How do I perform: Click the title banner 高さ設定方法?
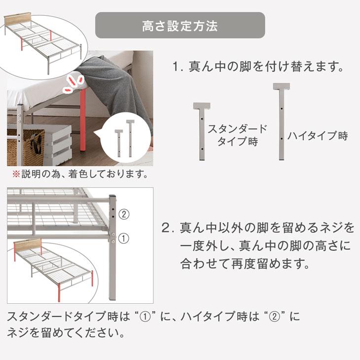(x=180, y=26)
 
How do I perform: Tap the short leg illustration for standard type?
(x=202, y=131)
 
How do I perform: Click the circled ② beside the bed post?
(x=124, y=214)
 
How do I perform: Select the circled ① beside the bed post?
(x=124, y=238)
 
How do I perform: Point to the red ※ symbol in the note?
(x=15, y=174)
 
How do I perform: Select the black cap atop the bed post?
(x=112, y=197)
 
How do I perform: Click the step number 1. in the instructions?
(x=178, y=67)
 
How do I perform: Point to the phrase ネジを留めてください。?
(x=64, y=333)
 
